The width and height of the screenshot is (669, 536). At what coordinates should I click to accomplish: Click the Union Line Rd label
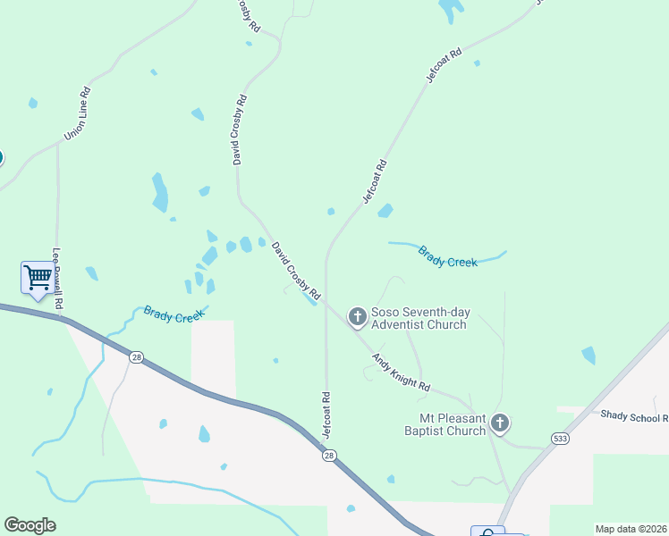(x=78, y=113)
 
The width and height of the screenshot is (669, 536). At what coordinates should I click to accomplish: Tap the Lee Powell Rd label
(x=59, y=279)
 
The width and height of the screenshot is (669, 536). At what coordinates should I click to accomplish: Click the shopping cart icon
(x=38, y=277)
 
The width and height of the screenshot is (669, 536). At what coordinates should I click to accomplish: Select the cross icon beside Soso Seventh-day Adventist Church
(x=357, y=316)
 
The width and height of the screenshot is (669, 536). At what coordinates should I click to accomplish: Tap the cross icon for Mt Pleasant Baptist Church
(x=499, y=423)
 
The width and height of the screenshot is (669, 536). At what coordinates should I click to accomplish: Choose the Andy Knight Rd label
(x=402, y=373)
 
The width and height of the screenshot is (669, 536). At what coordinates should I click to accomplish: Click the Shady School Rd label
(x=634, y=416)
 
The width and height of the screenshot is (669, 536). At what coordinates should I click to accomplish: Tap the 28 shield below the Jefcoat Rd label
(x=329, y=456)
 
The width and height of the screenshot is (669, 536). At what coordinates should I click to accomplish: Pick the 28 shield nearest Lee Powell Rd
(x=136, y=357)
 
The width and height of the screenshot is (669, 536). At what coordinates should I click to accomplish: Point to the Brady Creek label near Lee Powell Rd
(x=174, y=315)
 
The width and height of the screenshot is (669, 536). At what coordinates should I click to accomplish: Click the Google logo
(x=30, y=524)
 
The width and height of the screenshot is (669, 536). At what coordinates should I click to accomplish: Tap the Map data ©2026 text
(x=631, y=529)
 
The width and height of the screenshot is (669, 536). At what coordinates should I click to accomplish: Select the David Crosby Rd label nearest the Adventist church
(x=296, y=269)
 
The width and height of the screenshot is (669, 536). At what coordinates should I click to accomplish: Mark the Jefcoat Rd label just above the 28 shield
(x=326, y=415)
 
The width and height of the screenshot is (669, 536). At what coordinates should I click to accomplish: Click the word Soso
(x=386, y=313)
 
